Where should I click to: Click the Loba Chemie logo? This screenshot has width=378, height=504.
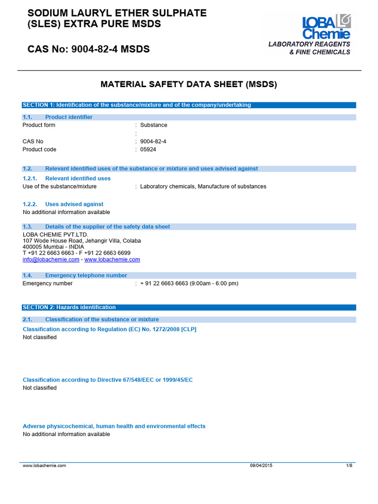326,28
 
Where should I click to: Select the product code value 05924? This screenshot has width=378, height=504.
147,150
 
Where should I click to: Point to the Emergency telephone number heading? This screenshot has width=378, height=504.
86,276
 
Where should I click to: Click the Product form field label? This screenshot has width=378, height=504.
39,125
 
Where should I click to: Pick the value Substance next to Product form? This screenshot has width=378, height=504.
154,125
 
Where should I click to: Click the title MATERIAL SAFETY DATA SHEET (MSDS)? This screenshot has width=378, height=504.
189,85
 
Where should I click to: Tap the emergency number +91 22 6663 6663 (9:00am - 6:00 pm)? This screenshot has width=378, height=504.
189,283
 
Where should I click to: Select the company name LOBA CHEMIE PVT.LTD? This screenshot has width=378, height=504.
55,234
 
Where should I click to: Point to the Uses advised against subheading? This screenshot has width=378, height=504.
74,204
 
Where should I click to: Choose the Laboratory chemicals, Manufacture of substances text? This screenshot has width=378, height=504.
203,187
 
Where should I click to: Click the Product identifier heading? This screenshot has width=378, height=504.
68,117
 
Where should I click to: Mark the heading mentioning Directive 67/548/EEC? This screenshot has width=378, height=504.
108,380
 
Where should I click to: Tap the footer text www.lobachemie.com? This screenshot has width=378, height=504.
44,465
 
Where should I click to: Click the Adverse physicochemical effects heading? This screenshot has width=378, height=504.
114,426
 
